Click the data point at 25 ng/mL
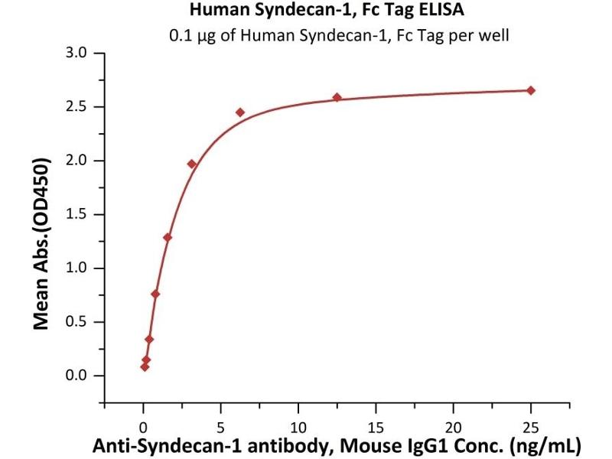pyautogui.click(x=531, y=90)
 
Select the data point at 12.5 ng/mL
pyautogui.click(x=337, y=97)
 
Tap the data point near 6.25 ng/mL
pyautogui.click(x=240, y=112)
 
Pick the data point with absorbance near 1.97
pyautogui.click(x=191, y=164)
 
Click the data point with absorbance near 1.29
pyautogui.click(x=168, y=237)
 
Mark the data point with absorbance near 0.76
pyautogui.click(x=155, y=294)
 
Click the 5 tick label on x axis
pyautogui.click(x=221, y=425)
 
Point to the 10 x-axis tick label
pyautogui.click(x=298, y=425)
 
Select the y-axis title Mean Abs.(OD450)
pyautogui.click(x=43, y=244)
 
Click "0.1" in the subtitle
pyautogui.click(x=179, y=35)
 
